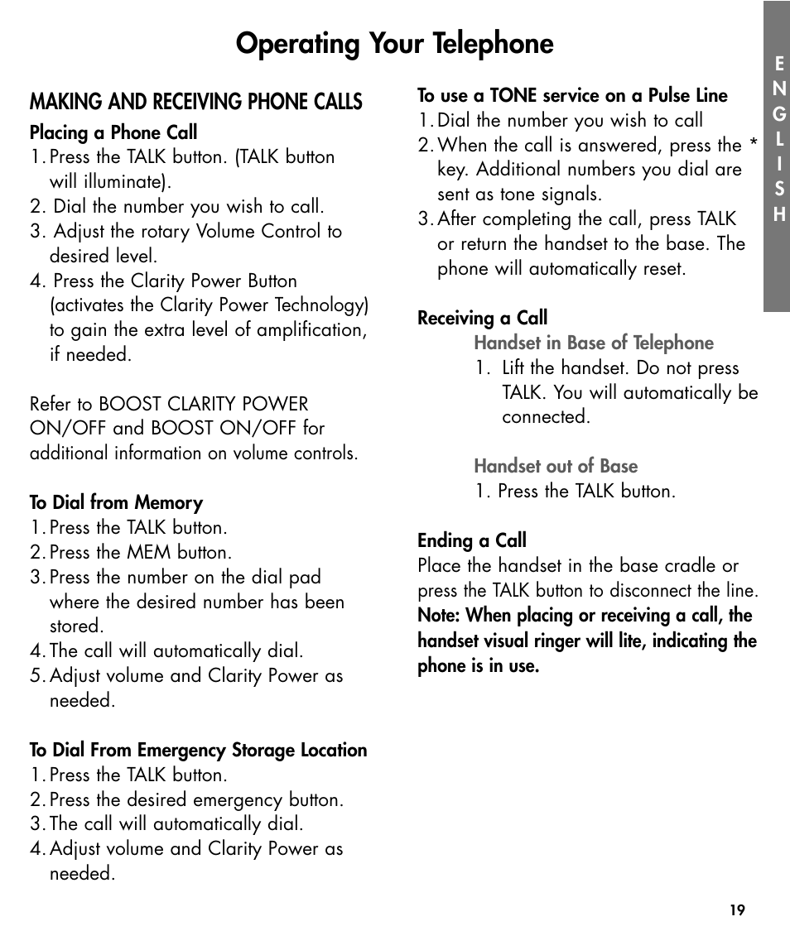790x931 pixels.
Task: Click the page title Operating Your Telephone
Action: pyautogui.click(x=394, y=43)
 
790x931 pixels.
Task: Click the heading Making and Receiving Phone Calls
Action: pyautogui.click(x=196, y=102)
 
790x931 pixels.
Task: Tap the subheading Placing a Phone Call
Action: pyautogui.click(x=113, y=132)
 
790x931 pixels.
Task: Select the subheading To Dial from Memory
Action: pyautogui.click(x=116, y=503)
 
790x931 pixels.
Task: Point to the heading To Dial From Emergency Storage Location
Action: pyautogui.click(x=198, y=751)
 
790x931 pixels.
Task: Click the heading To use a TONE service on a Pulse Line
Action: pyautogui.click(x=572, y=96)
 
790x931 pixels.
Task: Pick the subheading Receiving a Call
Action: pyautogui.click(x=482, y=319)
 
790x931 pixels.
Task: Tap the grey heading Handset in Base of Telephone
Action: pyautogui.click(x=593, y=343)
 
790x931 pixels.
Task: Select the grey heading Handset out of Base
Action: pyautogui.click(x=556, y=467)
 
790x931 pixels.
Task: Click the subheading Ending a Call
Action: pyautogui.click(x=472, y=541)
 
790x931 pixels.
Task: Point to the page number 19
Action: pyautogui.click(x=737, y=910)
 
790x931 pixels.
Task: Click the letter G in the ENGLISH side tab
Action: pyautogui.click(x=778, y=113)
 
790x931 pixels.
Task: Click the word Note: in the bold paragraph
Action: pyautogui.click(x=439, y=616)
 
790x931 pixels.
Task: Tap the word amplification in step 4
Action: pyautogui.click(x=311, y=330)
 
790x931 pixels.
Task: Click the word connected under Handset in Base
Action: pyautogui.click(x=546, y=417)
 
